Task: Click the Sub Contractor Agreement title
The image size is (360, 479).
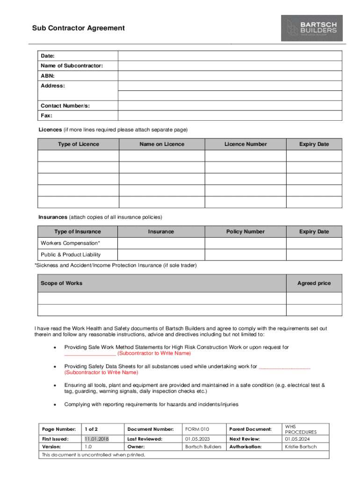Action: pos(79,28)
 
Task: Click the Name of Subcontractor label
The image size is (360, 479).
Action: pos(72,66)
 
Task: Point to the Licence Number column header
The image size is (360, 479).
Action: pos(245,144)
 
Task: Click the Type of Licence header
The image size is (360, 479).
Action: pos(79,144)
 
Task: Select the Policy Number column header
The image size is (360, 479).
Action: pos(245,232)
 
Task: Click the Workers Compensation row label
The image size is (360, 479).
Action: pos(70,243)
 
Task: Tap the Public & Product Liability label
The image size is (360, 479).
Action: pos(71,255)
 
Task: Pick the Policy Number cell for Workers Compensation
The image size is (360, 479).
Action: pos(245,243)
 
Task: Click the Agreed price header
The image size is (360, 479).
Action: pos(314,283)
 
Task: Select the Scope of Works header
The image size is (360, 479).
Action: pos(61,283)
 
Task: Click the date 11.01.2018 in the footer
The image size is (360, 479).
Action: pos(96,439)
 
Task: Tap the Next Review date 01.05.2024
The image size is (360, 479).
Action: pos(297,439)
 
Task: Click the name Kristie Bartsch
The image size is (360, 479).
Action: pos(301,447)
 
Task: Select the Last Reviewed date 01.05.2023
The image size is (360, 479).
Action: pos(197,439)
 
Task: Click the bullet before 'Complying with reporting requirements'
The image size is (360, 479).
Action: pos(56,404)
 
